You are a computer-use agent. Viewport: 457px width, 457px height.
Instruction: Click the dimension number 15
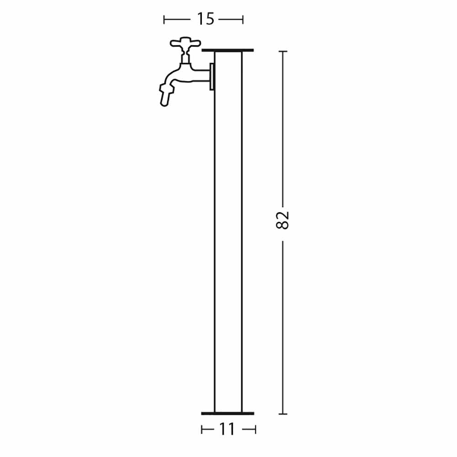point(206,19)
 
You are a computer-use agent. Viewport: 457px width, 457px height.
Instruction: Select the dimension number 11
point(227,429)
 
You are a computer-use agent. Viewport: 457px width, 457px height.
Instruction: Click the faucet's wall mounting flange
point(212,76)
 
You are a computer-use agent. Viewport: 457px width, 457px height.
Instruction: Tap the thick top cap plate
point(228,50)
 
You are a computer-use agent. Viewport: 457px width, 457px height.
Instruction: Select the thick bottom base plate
point(228,413)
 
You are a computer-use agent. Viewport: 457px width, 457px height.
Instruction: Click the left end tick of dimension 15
point(164,20)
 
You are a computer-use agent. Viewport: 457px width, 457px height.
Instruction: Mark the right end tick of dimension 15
point(242,20)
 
